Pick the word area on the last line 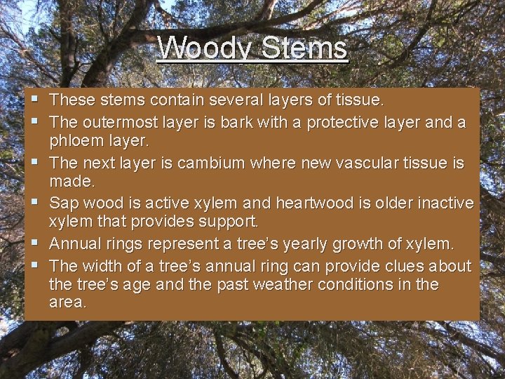[67, 302]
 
